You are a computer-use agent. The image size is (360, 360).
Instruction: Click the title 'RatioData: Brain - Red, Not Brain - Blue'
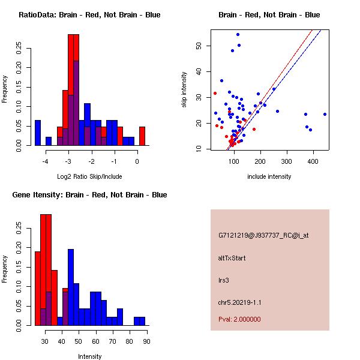tap(89, 15)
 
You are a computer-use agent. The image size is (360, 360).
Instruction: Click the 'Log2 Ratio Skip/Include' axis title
tap(89, 176)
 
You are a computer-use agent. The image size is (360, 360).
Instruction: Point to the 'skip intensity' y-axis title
tap(184, 90)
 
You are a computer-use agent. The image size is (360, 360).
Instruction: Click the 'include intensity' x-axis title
tap(269, 176)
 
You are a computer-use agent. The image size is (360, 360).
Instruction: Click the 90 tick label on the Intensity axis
tap(147, 342)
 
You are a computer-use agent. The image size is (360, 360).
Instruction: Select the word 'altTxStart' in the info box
tap(232, 258)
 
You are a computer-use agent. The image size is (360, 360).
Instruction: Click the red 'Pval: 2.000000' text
tap(239, 319)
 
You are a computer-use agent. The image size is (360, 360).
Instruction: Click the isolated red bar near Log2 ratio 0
tap(142, 136)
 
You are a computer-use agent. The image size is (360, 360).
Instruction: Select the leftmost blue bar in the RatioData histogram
tap(38, 133)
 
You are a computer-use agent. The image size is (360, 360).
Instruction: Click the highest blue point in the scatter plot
tap(238, 34)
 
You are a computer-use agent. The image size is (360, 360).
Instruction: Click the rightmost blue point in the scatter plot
tap(325, 114)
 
